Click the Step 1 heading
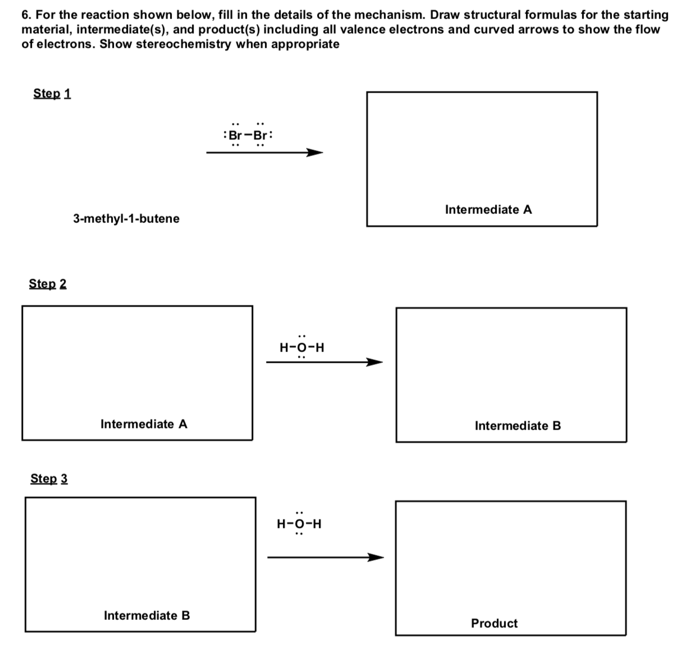[x=52, y=93]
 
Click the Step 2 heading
[x=48, y=284]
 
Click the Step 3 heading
[x=49, y=478]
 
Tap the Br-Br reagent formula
[x=248, y=135]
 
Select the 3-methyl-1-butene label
[x=126, y=218]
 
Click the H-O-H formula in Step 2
[x=302, y=348]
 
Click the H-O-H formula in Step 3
[x=299, y=524]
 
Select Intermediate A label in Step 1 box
[x=488, y=209]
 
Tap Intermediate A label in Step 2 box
[x=144, y=424]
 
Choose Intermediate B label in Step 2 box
[x=517, y=426]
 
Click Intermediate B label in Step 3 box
[x=146, y=615]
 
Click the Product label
[x=494, y=623]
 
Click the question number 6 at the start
[x=26, y=15]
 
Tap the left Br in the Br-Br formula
[x=236, y=135]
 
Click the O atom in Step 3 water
[x=300, y=524]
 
